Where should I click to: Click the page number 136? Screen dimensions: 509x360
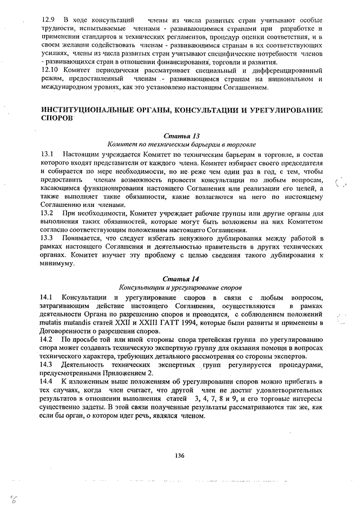(180, 456)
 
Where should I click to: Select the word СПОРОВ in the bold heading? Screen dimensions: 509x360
(57, 119)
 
